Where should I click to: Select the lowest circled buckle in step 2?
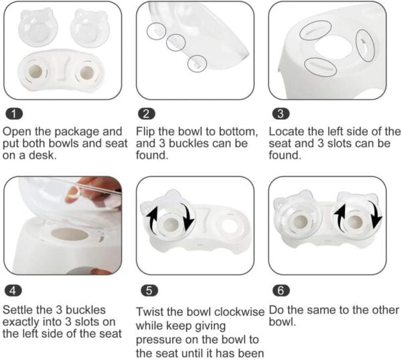(x=196, y=62)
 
